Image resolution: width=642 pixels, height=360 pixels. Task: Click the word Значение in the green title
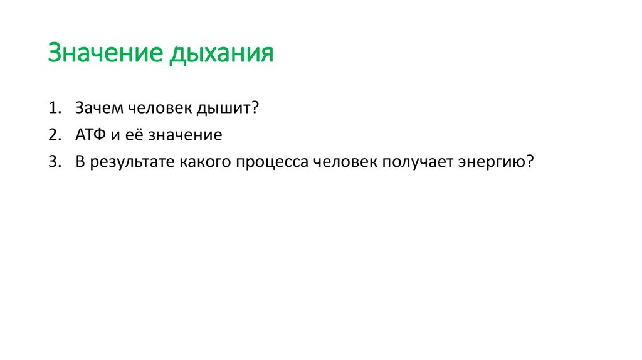click(x=104, y=53)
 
